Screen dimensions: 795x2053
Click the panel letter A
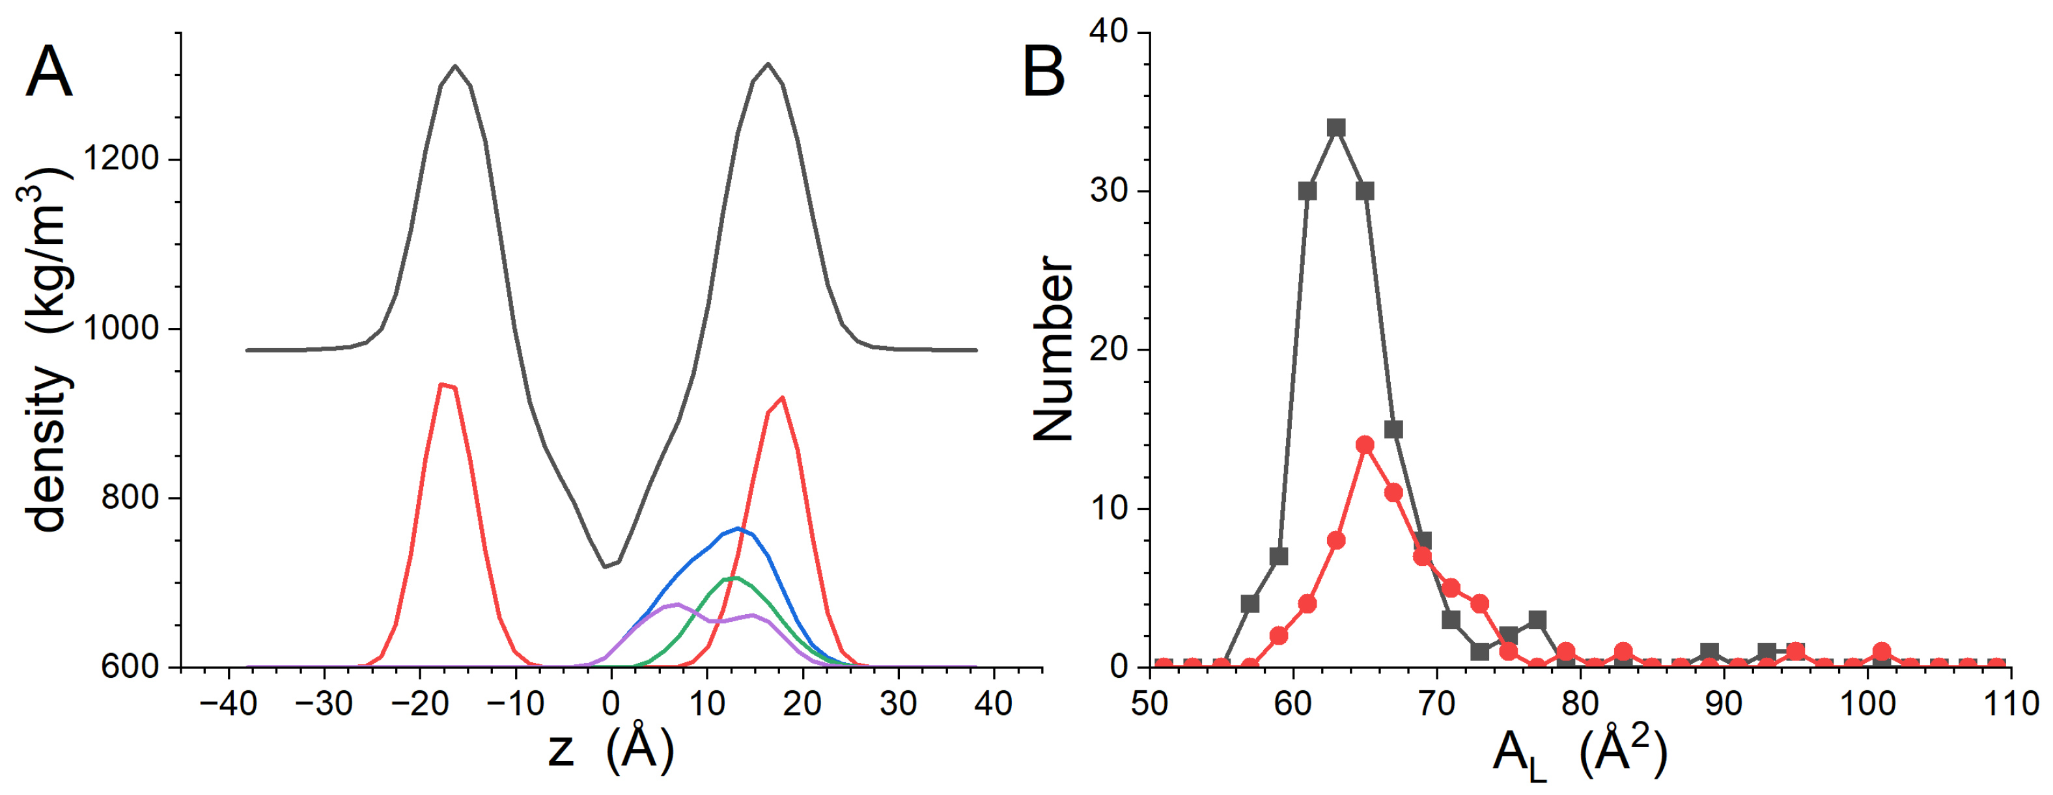49,72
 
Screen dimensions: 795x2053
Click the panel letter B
1043,72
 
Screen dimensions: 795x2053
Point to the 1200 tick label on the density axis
121,159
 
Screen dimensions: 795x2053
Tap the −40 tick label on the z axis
228,703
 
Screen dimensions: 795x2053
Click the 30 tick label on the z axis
898,703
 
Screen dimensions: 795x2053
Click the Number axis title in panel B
1053,349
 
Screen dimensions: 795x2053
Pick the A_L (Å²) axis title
1580,753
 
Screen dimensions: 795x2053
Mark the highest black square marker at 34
1337,128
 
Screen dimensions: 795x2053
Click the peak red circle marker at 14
1365,444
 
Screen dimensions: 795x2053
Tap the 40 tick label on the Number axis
1109,32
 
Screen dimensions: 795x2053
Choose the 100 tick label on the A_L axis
1867,703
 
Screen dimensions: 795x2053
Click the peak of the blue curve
738,528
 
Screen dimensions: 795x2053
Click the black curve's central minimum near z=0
605,567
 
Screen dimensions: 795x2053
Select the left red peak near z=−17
441,384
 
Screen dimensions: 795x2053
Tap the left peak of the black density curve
455,66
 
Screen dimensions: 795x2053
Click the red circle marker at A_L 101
1882,652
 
